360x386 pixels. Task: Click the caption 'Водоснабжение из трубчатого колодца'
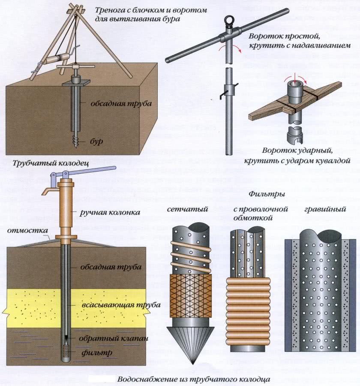click(x=193, y=379)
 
